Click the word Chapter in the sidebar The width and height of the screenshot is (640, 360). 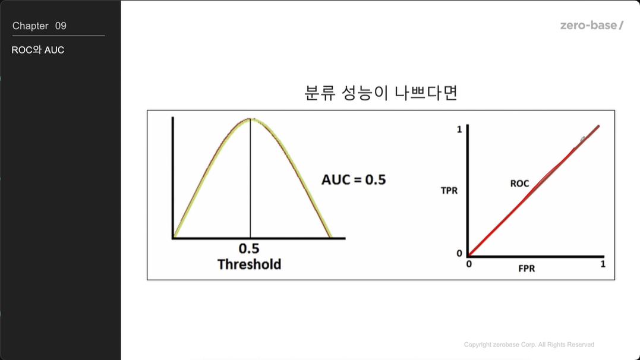click(x=30, y=26)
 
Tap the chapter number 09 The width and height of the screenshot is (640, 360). click(x=61, y=26)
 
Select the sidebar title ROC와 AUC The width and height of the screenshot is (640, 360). click(x=38, y=50)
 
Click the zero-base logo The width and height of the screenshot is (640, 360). click(x=591, y=26)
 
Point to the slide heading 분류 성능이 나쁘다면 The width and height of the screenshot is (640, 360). click(x=381, y=93)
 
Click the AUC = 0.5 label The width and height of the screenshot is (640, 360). click(x=354, y=179)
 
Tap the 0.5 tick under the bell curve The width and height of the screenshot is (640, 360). click(x=249, y=248)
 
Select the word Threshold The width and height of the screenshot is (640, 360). click(x=249, y=264)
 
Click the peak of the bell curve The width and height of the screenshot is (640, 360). click(x=250, y=119)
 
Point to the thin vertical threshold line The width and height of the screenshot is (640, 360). click(x=250, y=178)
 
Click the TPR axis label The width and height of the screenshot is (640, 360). click(x=449, y=191)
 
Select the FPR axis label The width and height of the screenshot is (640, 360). click(x=526, y=269)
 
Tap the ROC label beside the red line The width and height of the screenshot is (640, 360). click(x=519, y=184)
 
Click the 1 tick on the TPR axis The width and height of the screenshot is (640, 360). click(x=459, y=130)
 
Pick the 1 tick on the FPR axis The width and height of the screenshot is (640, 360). click(x=603, y=264)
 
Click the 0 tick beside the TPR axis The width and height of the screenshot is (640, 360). click(x=459, y=254)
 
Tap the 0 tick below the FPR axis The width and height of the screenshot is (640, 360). click(x=469, y=264)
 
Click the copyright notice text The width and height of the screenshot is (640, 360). click(x=529, y=345)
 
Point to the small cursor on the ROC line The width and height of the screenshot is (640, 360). click(x=583, y=139)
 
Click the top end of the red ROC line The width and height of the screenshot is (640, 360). click(x=599, y=126)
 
